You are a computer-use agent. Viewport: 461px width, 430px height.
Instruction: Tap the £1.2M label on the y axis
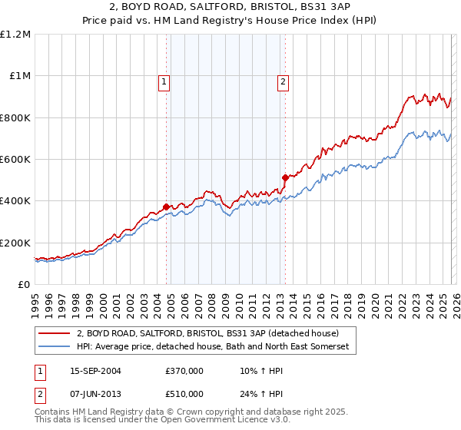15,35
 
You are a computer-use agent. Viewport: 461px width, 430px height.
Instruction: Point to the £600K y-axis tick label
15,160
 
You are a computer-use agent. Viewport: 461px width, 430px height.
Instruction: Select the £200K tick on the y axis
15,243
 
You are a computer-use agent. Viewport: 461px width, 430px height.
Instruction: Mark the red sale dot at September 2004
167,207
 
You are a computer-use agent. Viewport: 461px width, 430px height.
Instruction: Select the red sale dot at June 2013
285,177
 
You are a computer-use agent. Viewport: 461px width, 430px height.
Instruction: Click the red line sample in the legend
55,333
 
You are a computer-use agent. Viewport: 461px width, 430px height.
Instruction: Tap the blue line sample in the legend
55,347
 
